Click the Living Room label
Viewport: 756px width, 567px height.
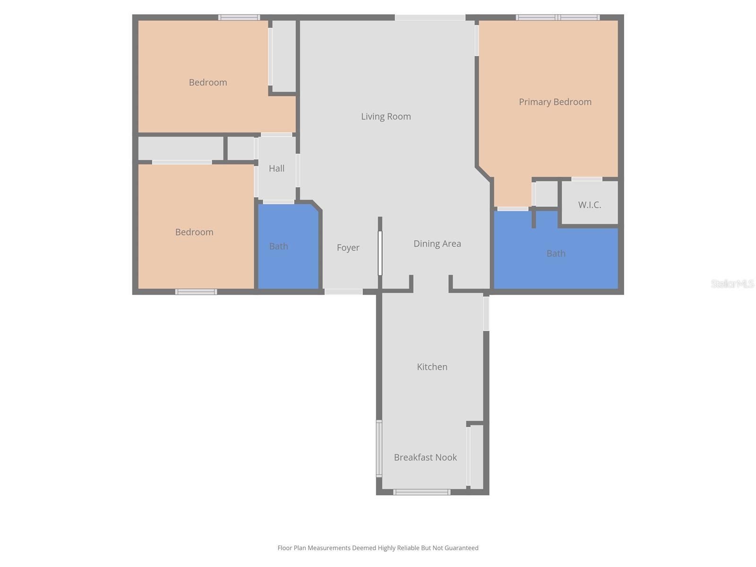[x=386, y=116]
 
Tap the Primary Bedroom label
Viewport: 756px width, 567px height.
[x=555, y=102]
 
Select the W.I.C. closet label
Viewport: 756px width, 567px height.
[x=589, y=205]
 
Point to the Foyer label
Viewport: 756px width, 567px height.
[x=348, y=248]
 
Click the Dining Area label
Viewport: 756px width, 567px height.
[x=437, y=243]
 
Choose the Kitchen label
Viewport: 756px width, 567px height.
[x=432, y=367]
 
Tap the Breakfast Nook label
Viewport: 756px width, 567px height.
[x=425, y=457]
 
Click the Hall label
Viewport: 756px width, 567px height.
[x=276, y=168]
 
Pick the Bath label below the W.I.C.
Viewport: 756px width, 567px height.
[x=556, y=253]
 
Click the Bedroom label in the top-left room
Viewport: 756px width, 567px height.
[x=208, y=82]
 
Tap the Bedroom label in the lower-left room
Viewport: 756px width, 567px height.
[x=194, y=232]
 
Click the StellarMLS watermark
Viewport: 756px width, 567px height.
[x=732, y=283]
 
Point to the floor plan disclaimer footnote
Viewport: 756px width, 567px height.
[x=378, y=548]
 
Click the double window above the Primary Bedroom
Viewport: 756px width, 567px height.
[x=558, y=17]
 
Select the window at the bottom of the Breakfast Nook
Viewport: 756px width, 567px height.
[x=421, y=492]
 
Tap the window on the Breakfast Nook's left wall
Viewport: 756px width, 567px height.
[x=379, y=448]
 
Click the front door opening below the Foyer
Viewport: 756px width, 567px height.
[x=344, y=292]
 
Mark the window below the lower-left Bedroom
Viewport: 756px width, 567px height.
[x=196, y=292]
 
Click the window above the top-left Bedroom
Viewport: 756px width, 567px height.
[x=239, y=17]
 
